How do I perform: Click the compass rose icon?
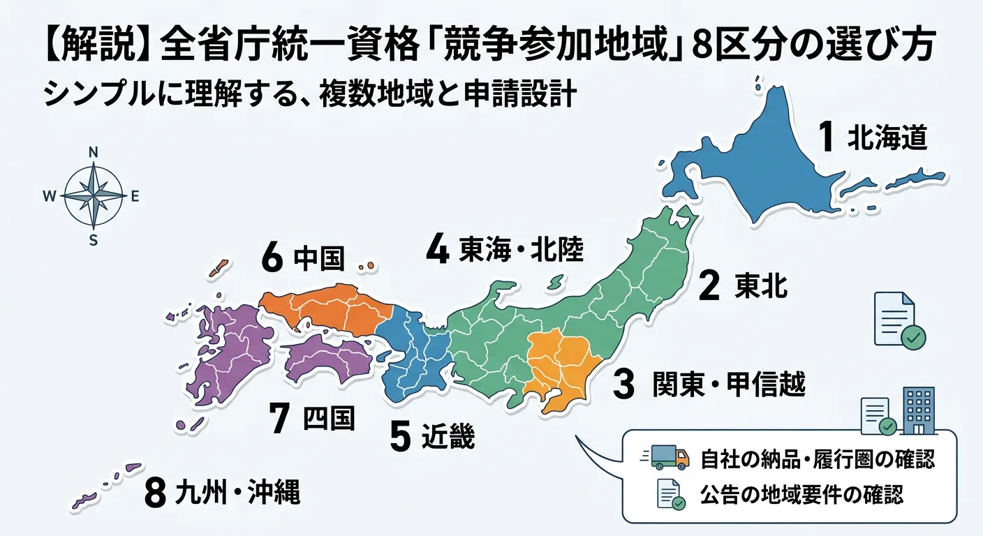(x=93, y=196)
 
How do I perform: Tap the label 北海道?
(x=887, y=138)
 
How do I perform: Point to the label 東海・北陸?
(x=522, y=251)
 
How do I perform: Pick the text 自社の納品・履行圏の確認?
(x=817, y=459)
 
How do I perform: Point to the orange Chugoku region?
(x=328, y=307)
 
